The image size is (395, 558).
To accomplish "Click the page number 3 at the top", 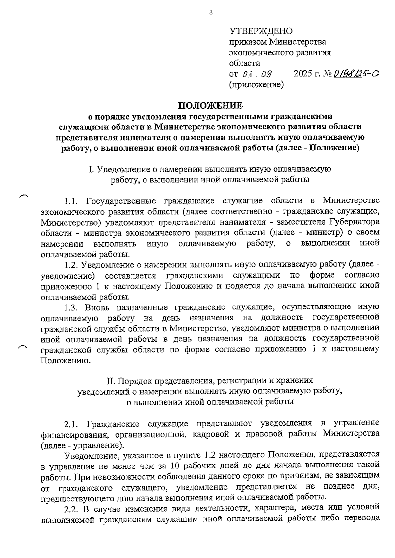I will click(211, 13).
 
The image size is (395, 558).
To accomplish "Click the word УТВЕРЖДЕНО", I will click(261, 31).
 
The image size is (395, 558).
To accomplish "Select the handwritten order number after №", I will click(356, 74).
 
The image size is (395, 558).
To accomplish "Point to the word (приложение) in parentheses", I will click(256, 85).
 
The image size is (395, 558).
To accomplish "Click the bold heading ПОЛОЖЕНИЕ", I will click(210, 106).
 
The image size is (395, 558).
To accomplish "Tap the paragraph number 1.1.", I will click(71, 201).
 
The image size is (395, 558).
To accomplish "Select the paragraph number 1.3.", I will click(71, 307).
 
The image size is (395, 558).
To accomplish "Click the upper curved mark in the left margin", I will click(24, 196).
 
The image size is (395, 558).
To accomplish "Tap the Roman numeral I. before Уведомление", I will click(92, 170).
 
